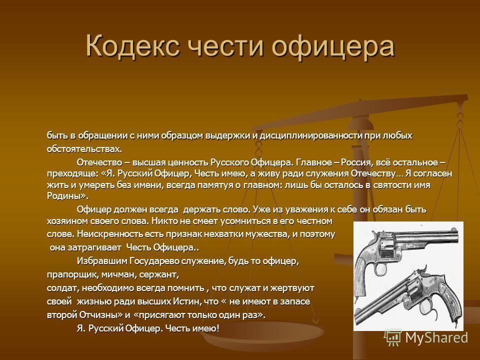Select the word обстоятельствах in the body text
pyautogui.click(x=84, y=148)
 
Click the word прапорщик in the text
pyautogui.click(x=70, y=275)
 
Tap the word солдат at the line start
pyautogui.click(x=59, y=288)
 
